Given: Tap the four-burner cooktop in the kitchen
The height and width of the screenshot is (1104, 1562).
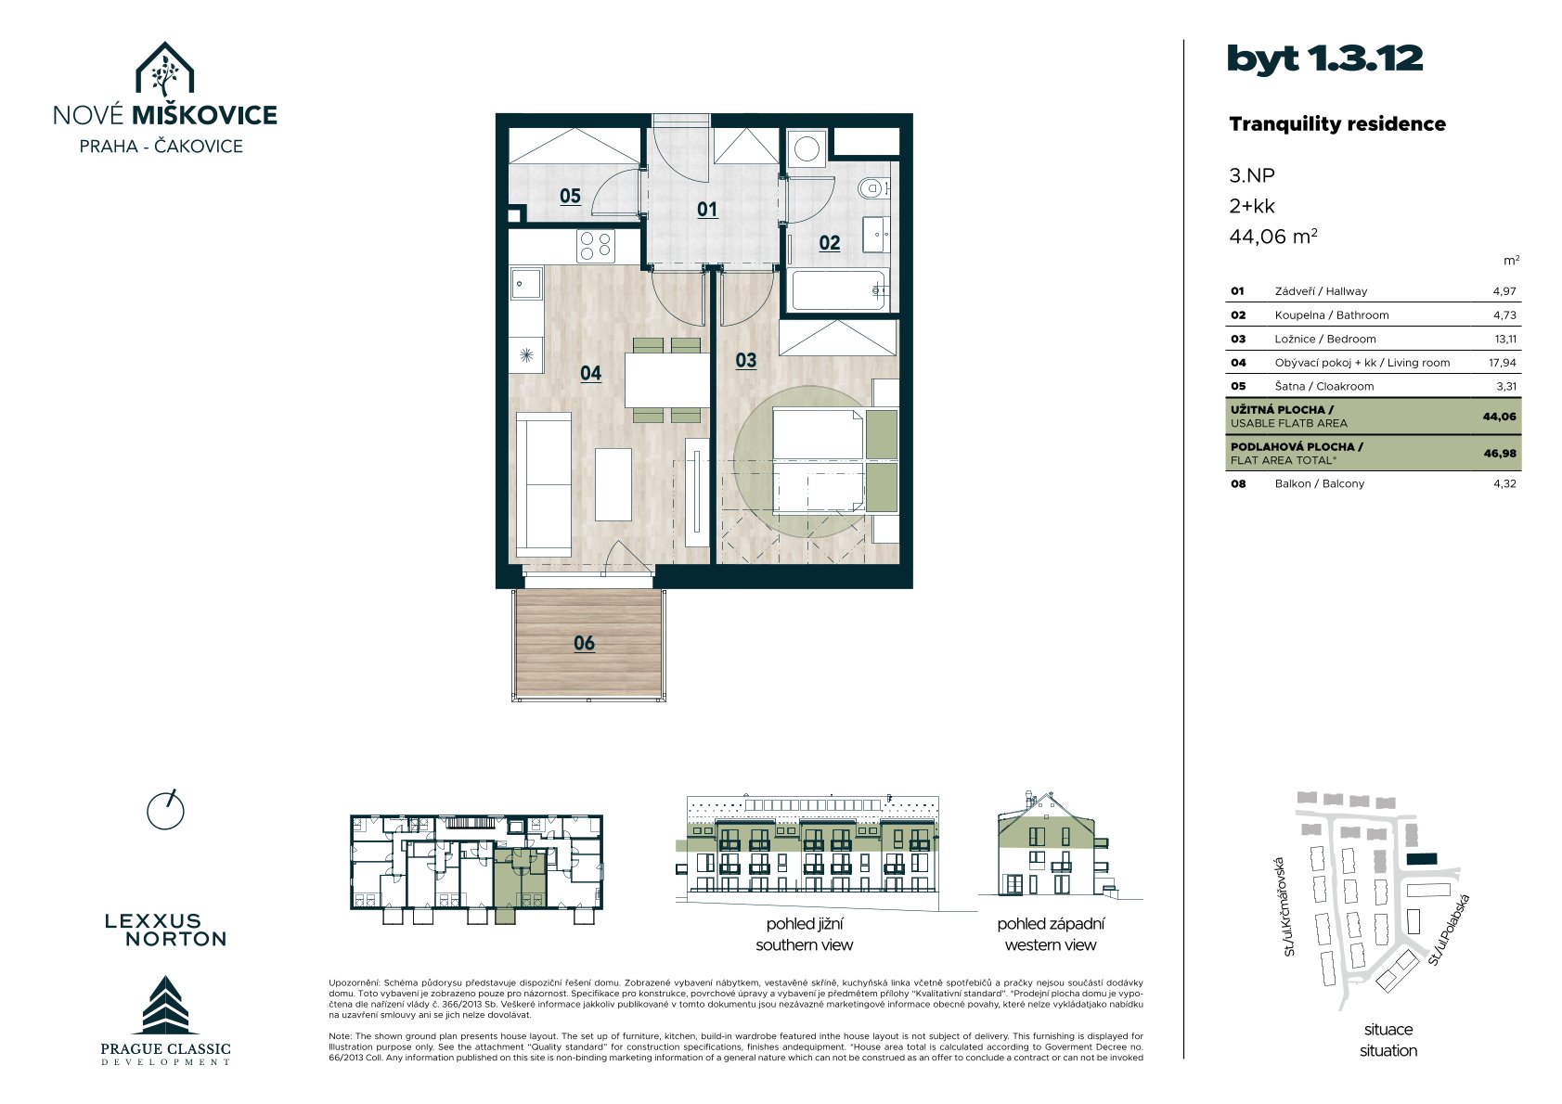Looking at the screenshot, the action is [x=596, y=247].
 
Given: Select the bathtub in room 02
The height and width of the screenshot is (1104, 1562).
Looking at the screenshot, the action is [x=839, y=290].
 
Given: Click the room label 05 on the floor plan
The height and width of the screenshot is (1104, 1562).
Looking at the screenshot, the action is [x=571, y=197].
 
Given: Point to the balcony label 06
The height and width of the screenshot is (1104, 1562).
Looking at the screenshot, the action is [x=585, y=643].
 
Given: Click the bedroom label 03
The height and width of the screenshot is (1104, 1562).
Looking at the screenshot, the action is [x=746, y=360].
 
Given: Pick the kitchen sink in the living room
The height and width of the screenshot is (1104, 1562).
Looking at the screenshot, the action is [x=526, y=285].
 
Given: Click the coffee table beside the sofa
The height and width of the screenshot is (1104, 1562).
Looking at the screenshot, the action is [x=613, y=484].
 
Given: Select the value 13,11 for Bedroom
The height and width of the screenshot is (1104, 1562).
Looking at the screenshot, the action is [x=1505, y=339].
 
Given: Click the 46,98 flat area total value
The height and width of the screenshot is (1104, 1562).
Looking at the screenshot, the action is [x=1500, y=453].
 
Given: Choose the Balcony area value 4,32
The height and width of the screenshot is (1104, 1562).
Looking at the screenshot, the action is [x=1504, y=483].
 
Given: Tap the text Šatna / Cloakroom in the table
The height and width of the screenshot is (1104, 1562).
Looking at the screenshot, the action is [x=1324, y=386].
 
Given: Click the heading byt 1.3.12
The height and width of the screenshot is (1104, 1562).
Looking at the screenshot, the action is [x=1325, y=59].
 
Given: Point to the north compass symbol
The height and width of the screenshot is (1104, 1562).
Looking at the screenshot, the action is [x=165, y=811].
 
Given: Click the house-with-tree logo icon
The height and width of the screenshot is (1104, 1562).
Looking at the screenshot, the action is [x=164, y=69].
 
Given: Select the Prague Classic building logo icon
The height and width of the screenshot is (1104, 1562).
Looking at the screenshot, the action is [x=165, y=1005].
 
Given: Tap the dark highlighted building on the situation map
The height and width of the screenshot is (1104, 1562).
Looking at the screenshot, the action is [x=1422, y=859].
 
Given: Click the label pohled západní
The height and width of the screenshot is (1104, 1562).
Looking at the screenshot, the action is [x=1051, y=924].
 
